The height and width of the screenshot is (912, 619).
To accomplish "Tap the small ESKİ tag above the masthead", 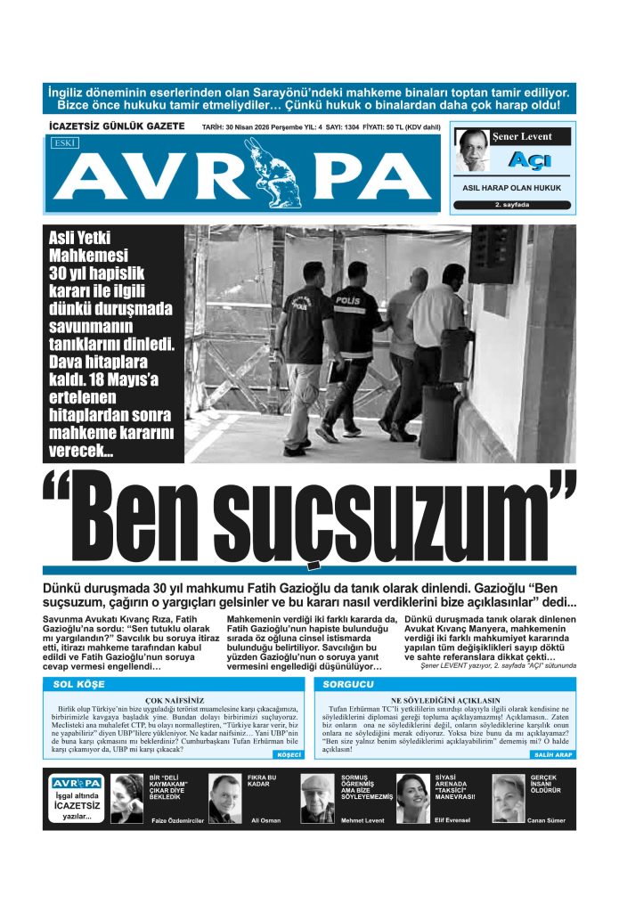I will coord(64,142).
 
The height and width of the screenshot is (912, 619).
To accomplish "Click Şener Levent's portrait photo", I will coord(475,151).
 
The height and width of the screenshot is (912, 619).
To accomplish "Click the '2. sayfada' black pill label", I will coord(511,205).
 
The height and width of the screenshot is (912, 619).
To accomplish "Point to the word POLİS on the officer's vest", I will coord(346,301).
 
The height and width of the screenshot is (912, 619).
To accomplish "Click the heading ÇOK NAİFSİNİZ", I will coord(175,701).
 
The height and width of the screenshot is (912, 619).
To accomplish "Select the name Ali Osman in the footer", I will coord(266,820).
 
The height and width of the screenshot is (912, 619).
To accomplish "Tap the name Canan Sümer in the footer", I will coord(547,820).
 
